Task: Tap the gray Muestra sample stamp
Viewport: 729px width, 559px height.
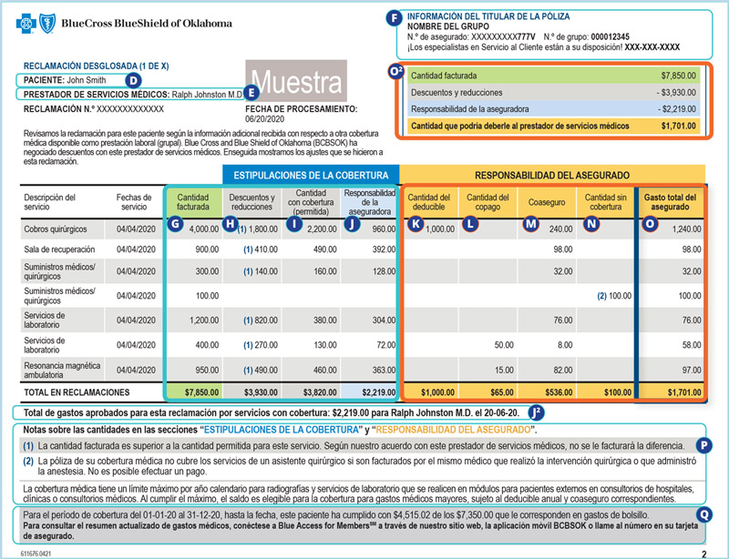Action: coord(295,83)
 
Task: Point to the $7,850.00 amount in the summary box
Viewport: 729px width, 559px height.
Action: coord(678,76)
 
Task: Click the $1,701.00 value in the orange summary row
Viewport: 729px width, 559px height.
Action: coord(678,127)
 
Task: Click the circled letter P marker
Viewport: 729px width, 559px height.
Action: coord(703,445)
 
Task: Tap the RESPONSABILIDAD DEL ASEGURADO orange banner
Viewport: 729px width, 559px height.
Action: coord(552,174)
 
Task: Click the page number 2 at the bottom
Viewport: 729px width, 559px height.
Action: coord(703,552)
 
